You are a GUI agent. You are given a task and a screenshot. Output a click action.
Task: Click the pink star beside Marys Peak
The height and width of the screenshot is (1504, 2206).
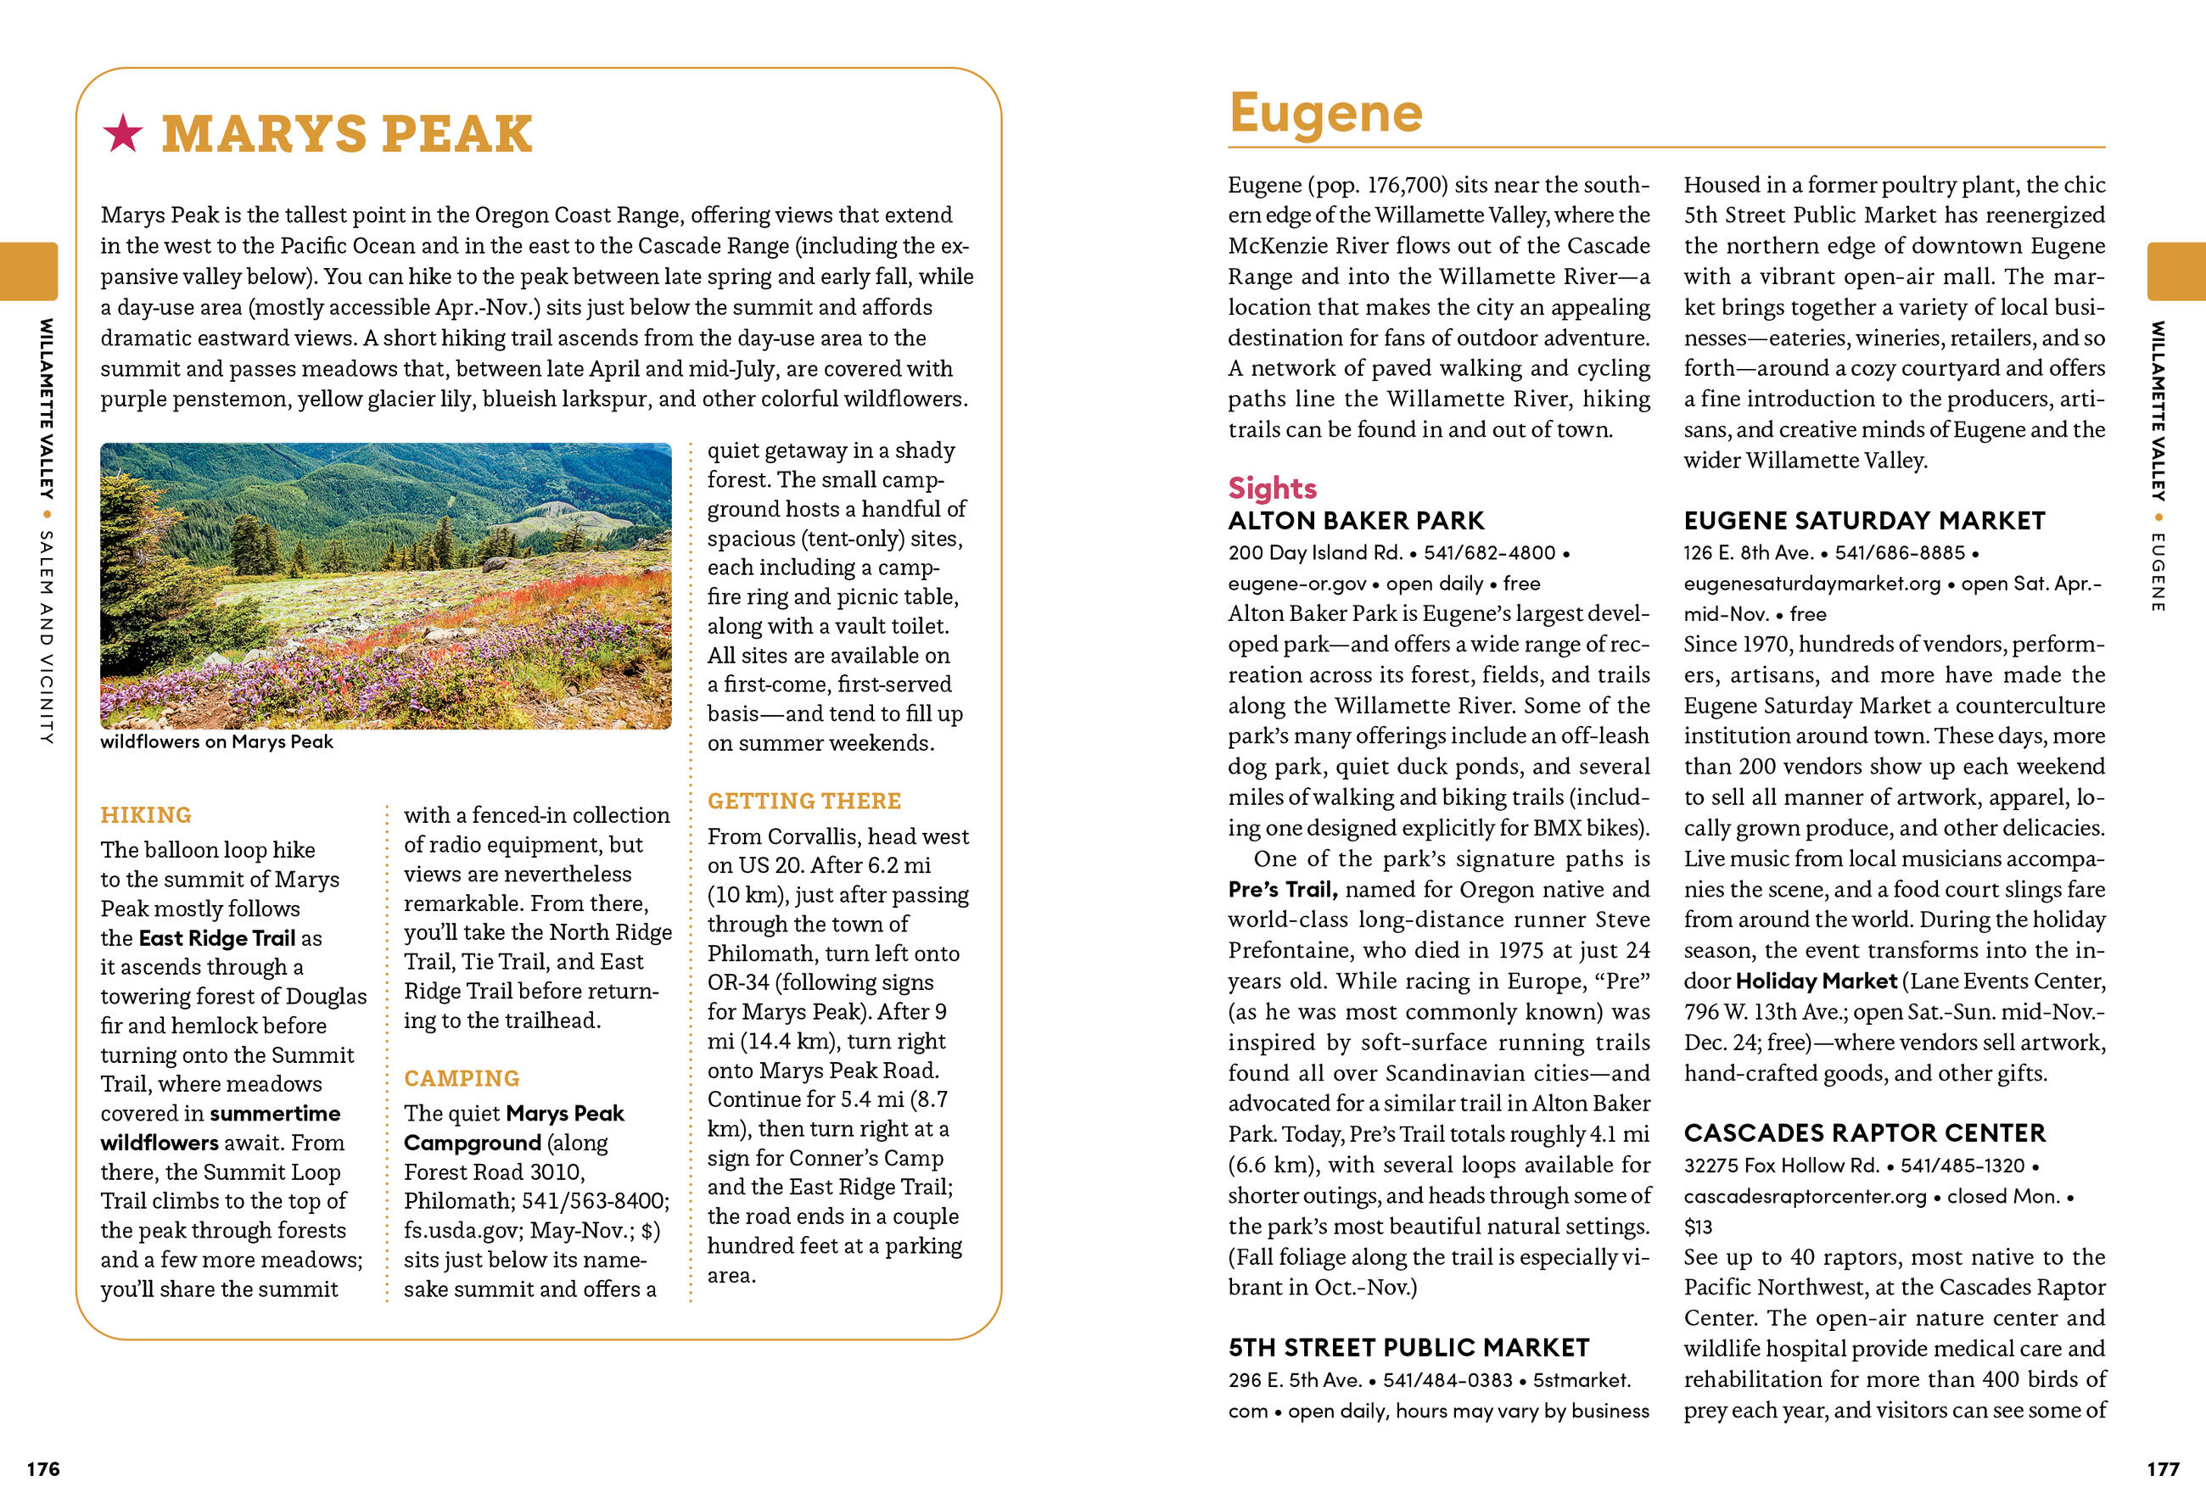122,133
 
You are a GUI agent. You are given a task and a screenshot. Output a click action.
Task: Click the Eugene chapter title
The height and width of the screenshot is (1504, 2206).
1325,114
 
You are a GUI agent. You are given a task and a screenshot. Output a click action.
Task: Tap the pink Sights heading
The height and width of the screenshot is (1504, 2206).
1272,488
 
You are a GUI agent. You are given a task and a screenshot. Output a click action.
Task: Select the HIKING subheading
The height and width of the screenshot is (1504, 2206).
146,815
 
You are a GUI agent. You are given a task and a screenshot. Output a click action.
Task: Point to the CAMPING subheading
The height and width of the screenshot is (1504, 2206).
462,1078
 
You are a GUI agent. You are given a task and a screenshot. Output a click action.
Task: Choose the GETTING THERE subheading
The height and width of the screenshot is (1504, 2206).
804,801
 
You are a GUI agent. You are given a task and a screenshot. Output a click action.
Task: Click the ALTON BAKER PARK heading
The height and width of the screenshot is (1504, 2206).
1356,521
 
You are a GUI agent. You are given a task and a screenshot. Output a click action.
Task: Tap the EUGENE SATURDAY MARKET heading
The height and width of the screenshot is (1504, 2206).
1864,521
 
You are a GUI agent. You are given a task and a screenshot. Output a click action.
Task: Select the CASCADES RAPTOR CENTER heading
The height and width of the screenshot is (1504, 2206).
1864,1133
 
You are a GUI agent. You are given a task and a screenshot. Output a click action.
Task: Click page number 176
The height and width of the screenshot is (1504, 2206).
42,1469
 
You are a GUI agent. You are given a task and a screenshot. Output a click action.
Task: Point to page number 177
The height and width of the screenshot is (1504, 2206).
2164,1469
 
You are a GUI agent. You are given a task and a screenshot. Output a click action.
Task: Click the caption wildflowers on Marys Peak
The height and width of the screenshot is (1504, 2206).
216,742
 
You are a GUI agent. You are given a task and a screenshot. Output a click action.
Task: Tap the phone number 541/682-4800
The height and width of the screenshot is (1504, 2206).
1489,553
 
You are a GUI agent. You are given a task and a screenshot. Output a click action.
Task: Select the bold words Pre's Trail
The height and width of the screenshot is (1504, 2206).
1282,889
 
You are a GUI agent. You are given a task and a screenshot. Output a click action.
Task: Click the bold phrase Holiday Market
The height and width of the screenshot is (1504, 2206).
1816,981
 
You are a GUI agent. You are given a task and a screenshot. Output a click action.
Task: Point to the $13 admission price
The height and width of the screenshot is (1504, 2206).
1698,1227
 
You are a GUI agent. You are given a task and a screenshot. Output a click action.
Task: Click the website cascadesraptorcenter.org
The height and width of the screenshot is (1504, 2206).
1805,1197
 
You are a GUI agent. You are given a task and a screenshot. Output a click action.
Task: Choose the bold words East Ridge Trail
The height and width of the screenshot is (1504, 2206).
217,938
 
